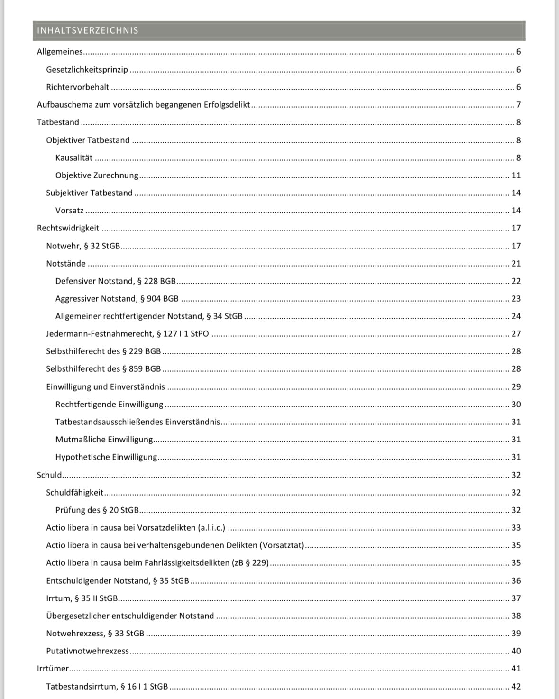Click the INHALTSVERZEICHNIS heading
tap(88, 30)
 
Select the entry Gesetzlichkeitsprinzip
tap(87, 70)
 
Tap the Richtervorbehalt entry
tap(77, 87)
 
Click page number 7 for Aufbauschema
tap(518, 105)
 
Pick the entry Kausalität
tap(74, 158)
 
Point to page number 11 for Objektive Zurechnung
tap(516, 175)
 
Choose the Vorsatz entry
tap(69, 211)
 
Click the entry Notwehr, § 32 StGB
tap(83, 246)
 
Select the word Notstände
tap(66, 264)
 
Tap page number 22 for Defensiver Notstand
tap(516, 281)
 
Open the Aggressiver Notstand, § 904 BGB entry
tap(117, 299)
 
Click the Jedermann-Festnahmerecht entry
tap(127, 334)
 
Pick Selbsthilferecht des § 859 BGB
tap(103, 369)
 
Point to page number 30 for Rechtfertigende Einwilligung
tap(516, 405)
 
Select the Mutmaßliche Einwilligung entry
tap(104, 440)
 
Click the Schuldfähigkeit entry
tap(74, 493)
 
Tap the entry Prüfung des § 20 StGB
tap(97, 510)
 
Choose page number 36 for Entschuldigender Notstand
tap(516, 581)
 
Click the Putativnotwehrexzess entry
tap(87, 651)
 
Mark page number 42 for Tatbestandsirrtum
tap(516, 687)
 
